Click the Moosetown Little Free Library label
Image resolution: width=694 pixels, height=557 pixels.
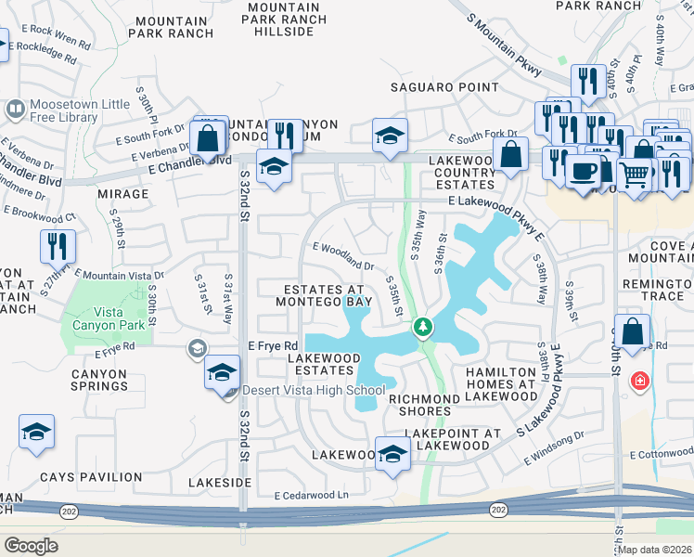point(63,110)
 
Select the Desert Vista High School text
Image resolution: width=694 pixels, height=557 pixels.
point(313,390)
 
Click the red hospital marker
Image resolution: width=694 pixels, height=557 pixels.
point(639,381)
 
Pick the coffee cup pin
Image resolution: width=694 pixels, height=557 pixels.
point(584,172)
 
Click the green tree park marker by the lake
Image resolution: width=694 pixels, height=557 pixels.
point(423,327)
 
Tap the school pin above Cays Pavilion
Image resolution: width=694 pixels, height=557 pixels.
point(36,432)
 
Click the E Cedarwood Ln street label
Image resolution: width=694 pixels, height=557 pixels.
point(311,496)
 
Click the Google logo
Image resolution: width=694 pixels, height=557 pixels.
point(31,545)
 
